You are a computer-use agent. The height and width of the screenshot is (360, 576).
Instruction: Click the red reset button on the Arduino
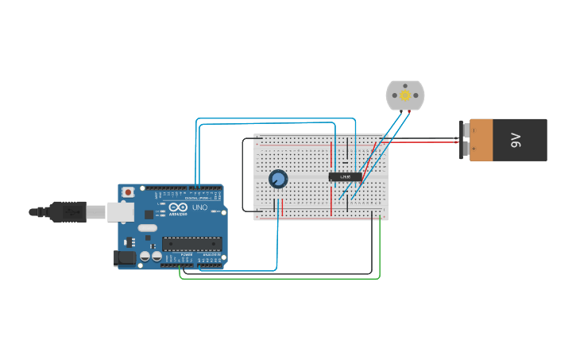[x=128, y=192]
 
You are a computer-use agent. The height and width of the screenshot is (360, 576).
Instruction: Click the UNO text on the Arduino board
[x=199, y=207]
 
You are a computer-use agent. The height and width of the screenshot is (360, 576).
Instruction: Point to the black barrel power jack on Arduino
[x=125, y=257]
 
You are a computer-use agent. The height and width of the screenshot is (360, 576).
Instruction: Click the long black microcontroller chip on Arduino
[x=190, y=244]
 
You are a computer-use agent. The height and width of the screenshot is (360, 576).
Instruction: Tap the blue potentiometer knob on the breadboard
[x=278, y=179]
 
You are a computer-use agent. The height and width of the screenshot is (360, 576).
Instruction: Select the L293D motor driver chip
[x=346, y=176]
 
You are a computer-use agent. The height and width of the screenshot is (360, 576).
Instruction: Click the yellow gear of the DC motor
[x=405, y=95]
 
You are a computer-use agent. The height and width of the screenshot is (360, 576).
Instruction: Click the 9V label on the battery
[x=515, y=140]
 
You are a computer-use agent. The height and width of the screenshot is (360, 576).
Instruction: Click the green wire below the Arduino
[x=278, y=278]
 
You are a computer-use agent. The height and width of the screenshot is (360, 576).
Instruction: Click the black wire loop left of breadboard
[x=242, y=175]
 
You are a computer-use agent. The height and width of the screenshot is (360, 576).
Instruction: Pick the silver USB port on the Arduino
[x=119, y=211]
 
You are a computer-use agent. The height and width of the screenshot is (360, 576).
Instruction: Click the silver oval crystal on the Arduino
[x=148, y=228]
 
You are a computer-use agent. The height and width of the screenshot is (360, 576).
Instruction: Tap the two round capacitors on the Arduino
[x=151, y=256]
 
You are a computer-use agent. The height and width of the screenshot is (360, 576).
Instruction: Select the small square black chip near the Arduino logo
[x=149, y=214]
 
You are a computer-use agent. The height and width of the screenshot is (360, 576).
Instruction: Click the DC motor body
[x=405, y=95]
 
